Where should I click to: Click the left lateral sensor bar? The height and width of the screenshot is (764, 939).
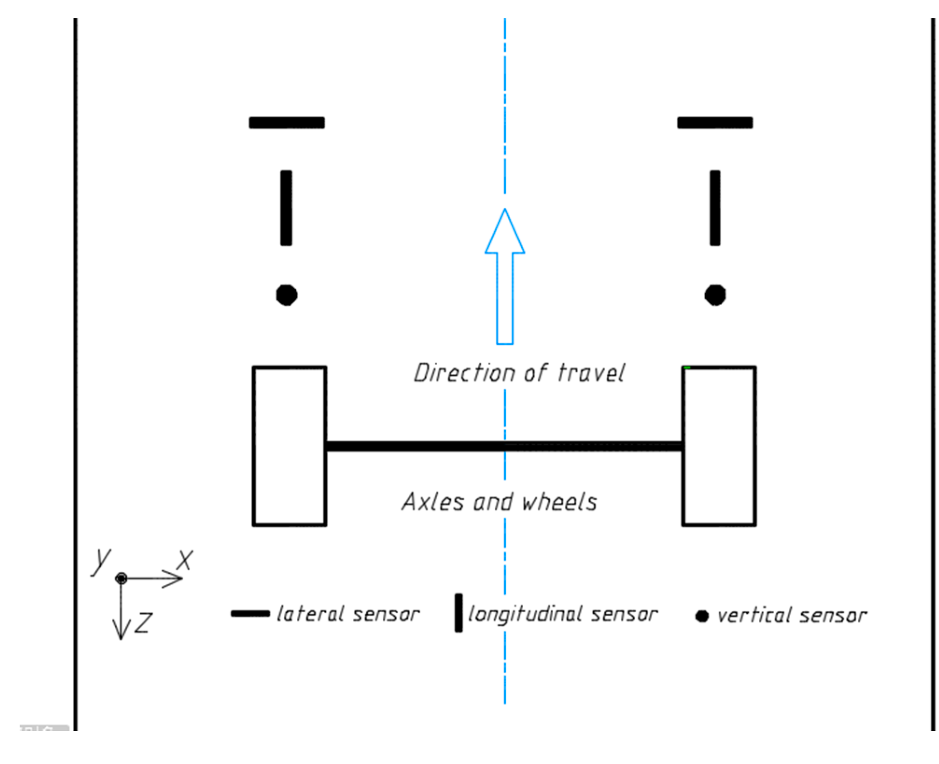287,123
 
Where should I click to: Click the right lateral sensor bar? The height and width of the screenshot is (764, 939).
715,123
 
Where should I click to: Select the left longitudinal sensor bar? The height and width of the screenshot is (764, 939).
286,208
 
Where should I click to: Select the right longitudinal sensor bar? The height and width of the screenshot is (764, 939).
715,208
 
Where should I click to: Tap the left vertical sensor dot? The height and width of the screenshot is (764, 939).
287,295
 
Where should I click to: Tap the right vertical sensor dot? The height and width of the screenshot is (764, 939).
715,295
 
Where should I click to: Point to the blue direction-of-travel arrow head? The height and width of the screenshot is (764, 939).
505,233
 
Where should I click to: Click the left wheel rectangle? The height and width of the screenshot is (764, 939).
289,446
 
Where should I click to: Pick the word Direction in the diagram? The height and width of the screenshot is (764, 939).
452,373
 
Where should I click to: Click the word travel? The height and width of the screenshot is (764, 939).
591,373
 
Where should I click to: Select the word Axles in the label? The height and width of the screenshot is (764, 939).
433,502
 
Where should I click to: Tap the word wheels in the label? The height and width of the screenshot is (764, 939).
559,502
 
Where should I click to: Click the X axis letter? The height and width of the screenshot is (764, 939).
185,560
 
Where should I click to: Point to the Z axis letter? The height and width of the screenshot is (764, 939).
144,623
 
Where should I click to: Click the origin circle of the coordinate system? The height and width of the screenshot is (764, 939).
121,579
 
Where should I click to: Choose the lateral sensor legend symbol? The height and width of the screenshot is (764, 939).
250,614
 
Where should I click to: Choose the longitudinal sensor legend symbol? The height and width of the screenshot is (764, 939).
459,613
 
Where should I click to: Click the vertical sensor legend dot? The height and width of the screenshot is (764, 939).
702,617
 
